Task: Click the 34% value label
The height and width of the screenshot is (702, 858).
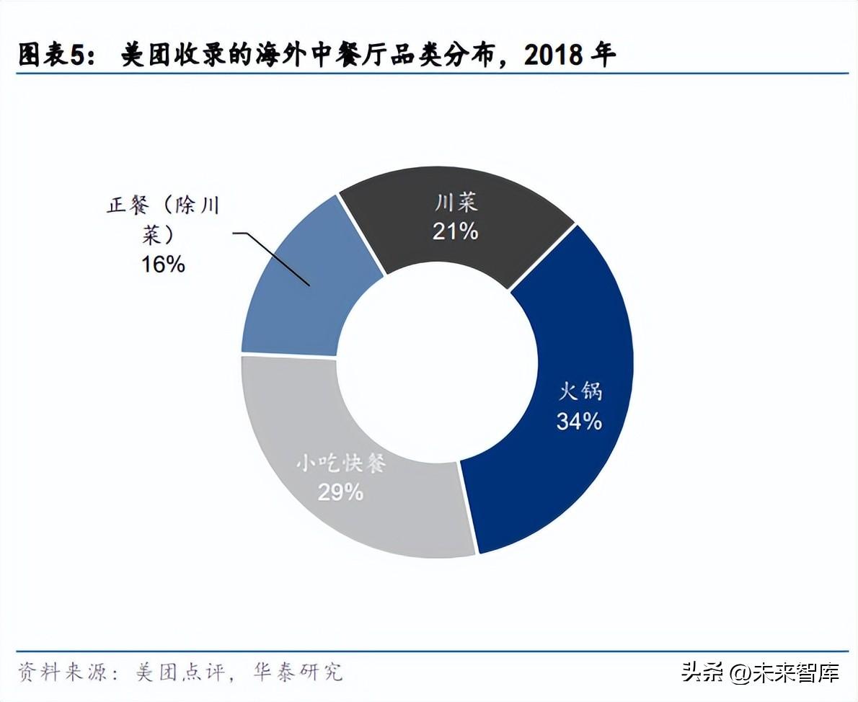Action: (578, 422)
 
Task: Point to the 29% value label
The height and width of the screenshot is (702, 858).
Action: (340, 492)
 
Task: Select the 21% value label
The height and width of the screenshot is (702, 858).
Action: (455, 231)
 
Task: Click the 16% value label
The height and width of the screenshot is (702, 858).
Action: (163, 264)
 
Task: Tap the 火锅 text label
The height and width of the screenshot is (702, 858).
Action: (580, 393)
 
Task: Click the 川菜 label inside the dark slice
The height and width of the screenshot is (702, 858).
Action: (456, 203)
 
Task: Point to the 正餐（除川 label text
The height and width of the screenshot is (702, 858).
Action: (162, 205)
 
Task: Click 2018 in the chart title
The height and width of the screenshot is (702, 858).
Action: (554, 55)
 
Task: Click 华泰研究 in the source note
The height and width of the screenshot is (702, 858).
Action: (298, 672)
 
